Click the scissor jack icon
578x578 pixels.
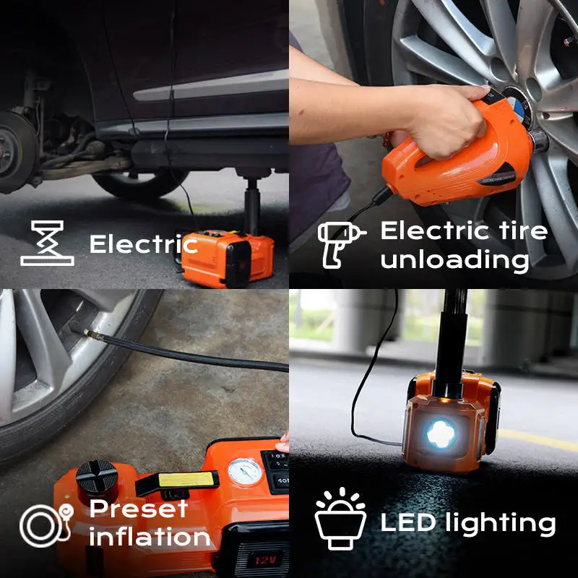pyautogui.click(x=47, y=243)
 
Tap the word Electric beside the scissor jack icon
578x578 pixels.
pyautogui.click(x=143, y=244)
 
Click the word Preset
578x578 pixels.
pyautogui.click(x=139, y=509)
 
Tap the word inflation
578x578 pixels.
pyautogui.click(x=150, y=538)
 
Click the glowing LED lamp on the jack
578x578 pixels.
pyautogui.click(x=439, y=433)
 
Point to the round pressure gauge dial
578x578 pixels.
pyautogui.click(x=244, y=472)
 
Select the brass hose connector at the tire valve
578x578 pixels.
pyautogui.click(x=88, y=335)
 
